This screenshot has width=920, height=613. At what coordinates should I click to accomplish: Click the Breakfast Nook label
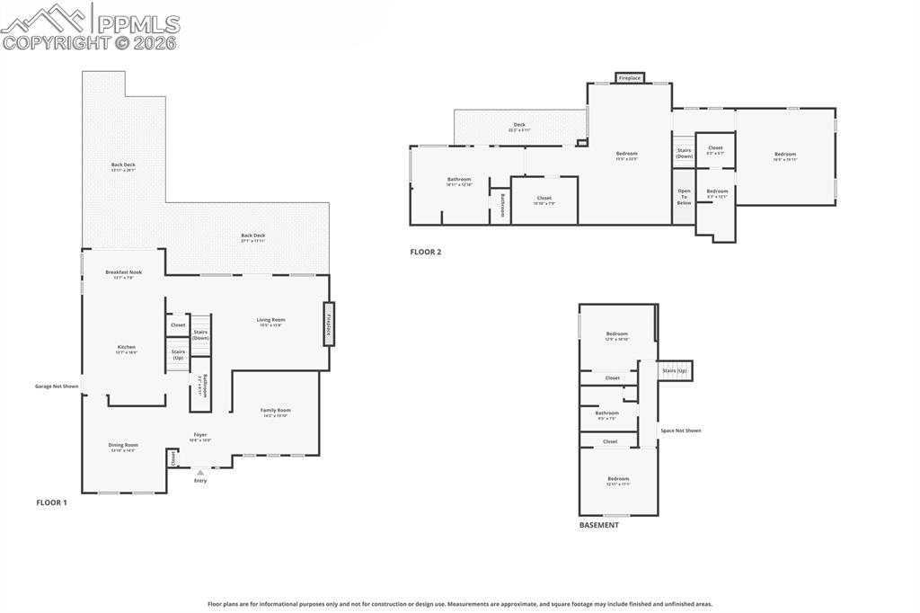pyautogui.click(x=123, y=272)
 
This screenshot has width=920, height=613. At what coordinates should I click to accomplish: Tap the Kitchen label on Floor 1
pyautogui.click(x=127, y=347)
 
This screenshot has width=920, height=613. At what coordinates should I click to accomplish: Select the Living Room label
pyautogui.click(x=270, y=320)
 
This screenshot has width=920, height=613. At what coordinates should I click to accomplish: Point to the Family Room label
pyautogui.click(x=276, y=411)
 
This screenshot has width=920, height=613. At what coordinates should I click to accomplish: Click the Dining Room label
pyautogui.click(x=123, y=445)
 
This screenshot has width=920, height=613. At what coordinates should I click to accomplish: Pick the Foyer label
pyautogui.click(x=200, y=435)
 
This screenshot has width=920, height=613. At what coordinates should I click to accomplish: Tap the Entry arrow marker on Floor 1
pyautogui.click(x=200, y=472)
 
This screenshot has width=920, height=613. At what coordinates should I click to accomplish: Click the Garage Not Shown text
pyautogui.click(x=57, y=386)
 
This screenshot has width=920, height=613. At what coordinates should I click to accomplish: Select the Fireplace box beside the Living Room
pyautogui.click(x=329, y=324)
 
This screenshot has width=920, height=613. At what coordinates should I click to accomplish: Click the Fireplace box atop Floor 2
pyautogui.click(x=630, y=78)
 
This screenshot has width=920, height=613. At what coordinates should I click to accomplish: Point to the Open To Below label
pyautogui.click(x=684, y=197)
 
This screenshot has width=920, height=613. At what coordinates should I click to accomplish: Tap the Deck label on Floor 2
pyautogui.click(x=519, y=125)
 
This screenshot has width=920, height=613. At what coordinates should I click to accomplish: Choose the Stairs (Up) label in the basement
pyautogui.click(x=675, y=370)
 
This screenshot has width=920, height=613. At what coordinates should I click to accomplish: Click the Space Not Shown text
pyautogui.click(x=680, y=431)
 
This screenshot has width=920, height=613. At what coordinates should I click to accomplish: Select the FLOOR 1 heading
pyautogui.click(x=51, y=502)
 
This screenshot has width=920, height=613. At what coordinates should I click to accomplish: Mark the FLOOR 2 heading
pyautogui.click(x=426, y=253)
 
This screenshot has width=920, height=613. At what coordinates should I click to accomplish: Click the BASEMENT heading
pyautogui.click(x=598, y=525)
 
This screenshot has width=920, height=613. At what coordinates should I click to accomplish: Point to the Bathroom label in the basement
pyautogui.click(x=607, y=413)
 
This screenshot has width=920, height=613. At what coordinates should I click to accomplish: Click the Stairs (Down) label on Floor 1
pyautogui.click(x=200, y=334)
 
